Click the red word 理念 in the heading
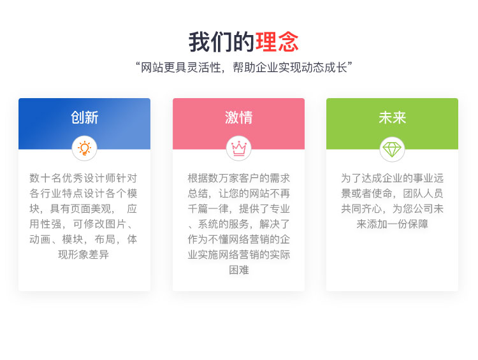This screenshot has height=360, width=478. [x=277, y=42]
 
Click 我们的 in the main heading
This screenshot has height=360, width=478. [x=222, y=42]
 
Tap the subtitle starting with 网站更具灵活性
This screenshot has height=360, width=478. [x=244, y=68]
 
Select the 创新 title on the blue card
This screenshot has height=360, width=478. [x=84, y=118]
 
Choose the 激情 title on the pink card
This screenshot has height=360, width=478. [x=239, y=118]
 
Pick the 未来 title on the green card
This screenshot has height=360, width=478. [x=393, y=118]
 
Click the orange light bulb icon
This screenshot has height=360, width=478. [x=84, y=148]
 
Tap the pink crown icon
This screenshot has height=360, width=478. [x=239, y=148]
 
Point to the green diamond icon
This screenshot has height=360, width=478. [x=392, y=149]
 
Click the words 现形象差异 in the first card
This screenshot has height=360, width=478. [x=83, y=254]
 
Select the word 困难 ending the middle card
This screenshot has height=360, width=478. [x=239, y=270]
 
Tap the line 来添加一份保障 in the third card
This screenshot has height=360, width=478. [x=393, y=224]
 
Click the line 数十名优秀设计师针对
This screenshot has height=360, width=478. [x=83, y=178]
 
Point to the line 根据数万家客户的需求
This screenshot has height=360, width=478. [x=239, y=178]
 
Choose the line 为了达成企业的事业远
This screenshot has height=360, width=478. [x=393, y=178]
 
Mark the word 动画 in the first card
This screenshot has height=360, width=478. [x=40, y=240]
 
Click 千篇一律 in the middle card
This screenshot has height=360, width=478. [x=208, y=209]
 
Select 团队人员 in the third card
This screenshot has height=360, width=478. [x=423, y=193]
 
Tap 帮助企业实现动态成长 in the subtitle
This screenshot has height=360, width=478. [x=290, y=68]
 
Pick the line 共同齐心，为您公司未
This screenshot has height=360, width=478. [x=393, y=209]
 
